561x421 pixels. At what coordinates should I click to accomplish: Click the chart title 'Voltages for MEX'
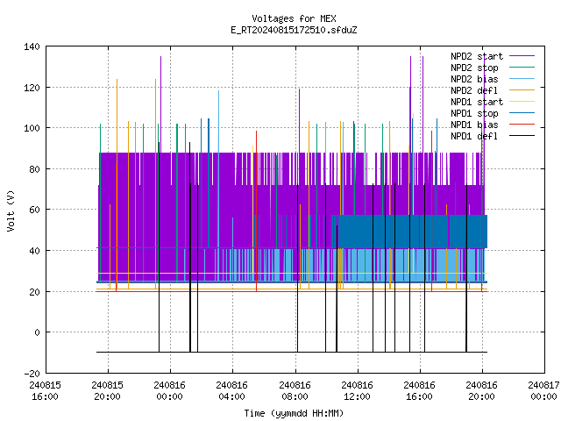point(294,18)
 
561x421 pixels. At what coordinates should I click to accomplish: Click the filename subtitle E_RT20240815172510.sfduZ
point(294,30)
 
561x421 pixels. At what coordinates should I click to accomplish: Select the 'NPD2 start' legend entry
point(493,56)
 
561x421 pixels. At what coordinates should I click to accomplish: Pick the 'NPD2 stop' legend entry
point(493,68)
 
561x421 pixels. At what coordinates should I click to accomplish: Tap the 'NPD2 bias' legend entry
point(493,79)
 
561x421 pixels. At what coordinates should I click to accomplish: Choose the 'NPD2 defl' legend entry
point(493,90)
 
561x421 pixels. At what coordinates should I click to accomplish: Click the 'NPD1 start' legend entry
point(493,102)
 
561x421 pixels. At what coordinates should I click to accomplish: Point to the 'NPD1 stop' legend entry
point(493,113)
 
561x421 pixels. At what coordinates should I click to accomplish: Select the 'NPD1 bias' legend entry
point(493,125)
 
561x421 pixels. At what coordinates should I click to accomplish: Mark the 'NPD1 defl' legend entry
point(493,137)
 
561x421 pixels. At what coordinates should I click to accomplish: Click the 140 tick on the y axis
point(32,46)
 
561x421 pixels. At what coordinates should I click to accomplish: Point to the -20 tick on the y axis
point(32,374)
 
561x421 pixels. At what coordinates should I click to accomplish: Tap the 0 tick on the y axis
point(37,332)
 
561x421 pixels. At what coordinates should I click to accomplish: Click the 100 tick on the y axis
point(32,128)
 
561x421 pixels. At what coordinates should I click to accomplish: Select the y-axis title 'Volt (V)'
point(11,210)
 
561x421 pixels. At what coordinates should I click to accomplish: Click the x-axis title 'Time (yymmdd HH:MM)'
point(294,413)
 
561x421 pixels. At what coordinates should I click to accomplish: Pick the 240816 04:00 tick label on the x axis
point(231,391)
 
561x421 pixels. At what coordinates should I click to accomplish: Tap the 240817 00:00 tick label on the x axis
point(543,391)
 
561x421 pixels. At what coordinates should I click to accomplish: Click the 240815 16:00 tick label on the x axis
point(45,391)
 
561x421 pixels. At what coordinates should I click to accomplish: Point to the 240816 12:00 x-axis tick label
point(357,391)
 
